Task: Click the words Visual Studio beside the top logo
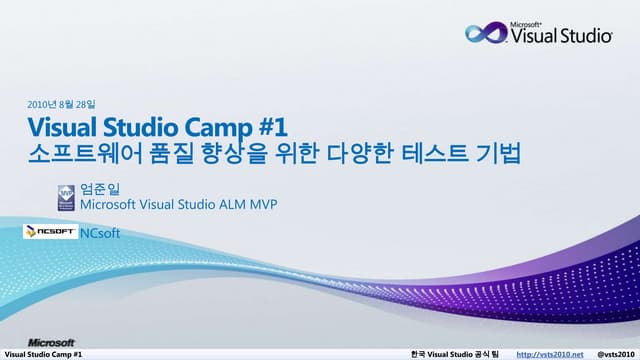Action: pyautogui.click(x=561, y=37)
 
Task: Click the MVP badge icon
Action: pyautogui.click(x=67, y=196)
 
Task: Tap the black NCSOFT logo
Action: pyautogui.click(x=50, y=232)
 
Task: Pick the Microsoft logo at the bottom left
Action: pyautogui.click(x=51, y=341)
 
